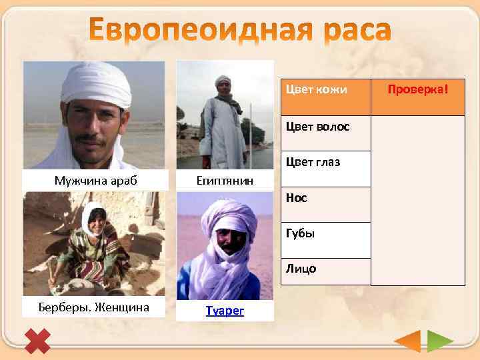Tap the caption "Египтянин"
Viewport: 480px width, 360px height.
coord(224,179)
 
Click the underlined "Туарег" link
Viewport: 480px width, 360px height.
coord(225,310)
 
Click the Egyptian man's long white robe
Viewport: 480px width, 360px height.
coord(223,133)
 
